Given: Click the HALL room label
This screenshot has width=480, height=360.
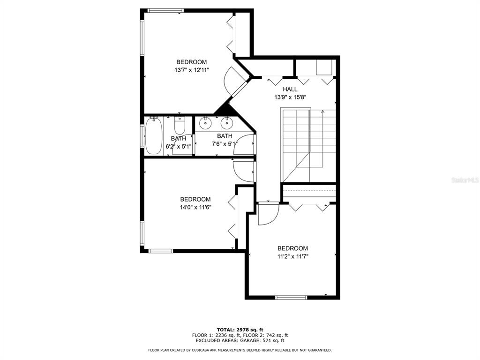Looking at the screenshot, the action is [x=290, y=90].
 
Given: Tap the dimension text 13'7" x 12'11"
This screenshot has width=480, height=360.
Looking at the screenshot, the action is [x=192, y=70].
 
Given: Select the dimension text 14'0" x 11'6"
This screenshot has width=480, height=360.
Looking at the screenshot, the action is [x=195, y=208].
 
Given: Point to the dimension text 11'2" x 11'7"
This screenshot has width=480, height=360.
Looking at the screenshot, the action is [x=292, y=256].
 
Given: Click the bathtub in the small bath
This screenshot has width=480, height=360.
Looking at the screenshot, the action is [x=153, y=136].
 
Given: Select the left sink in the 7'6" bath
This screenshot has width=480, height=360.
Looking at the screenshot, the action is [x=205, y=123].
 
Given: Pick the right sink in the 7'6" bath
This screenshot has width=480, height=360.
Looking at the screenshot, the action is [x=226, y=123].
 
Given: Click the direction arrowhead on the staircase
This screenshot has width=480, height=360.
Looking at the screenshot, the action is [x=322, y=112].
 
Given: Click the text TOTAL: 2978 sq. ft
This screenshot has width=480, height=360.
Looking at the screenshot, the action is [x=240, y=330].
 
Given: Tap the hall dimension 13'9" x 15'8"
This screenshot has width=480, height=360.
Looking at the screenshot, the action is [x=290, y=97].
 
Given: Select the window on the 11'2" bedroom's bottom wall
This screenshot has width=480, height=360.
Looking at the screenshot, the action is [x=291, y=298].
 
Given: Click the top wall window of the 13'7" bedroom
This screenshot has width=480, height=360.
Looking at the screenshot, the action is [x=164, y=11].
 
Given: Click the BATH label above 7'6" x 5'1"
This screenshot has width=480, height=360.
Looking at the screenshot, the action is [x=225, y=136].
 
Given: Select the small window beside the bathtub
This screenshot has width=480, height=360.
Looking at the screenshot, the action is [x=142, y=135].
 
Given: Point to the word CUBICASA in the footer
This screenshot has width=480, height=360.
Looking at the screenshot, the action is [x=202, y=350].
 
